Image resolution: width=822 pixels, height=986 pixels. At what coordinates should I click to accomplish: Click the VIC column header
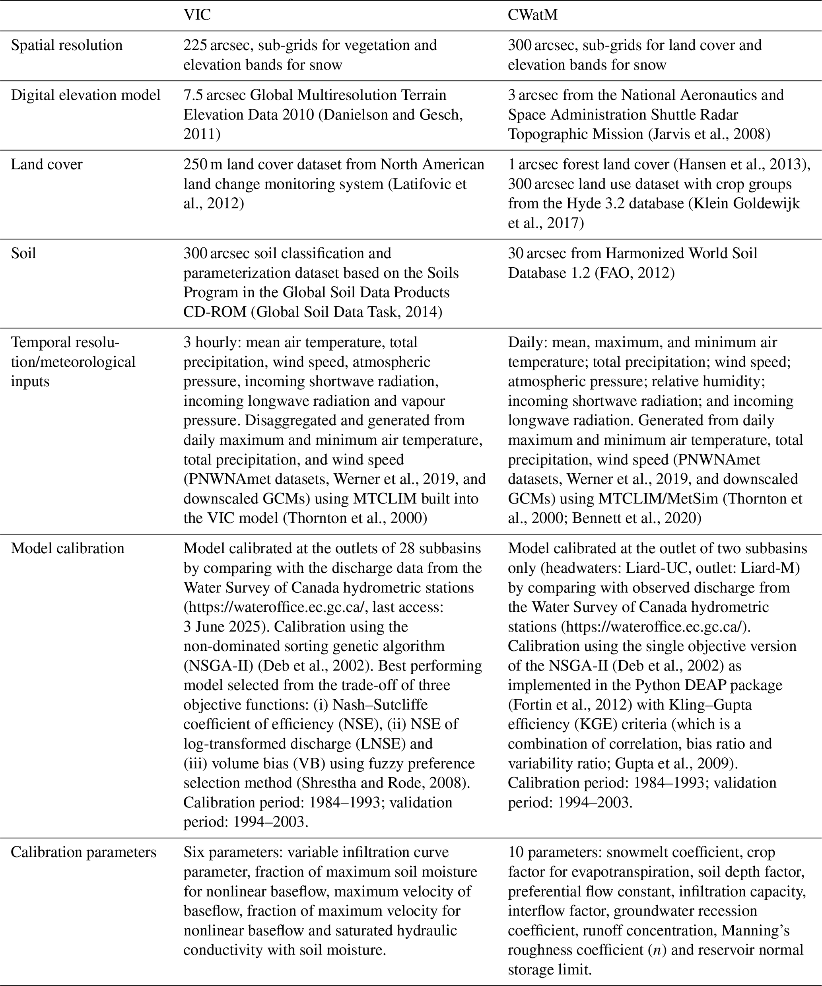pos(197,15)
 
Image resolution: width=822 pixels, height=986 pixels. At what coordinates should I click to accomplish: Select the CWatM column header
pos(533,15)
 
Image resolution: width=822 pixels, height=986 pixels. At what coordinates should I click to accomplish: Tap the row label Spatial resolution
pos(67,45)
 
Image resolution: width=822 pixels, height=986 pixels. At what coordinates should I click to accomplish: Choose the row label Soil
pos(23,253)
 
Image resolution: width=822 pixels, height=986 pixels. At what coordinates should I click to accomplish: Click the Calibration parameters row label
pos(84,852)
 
